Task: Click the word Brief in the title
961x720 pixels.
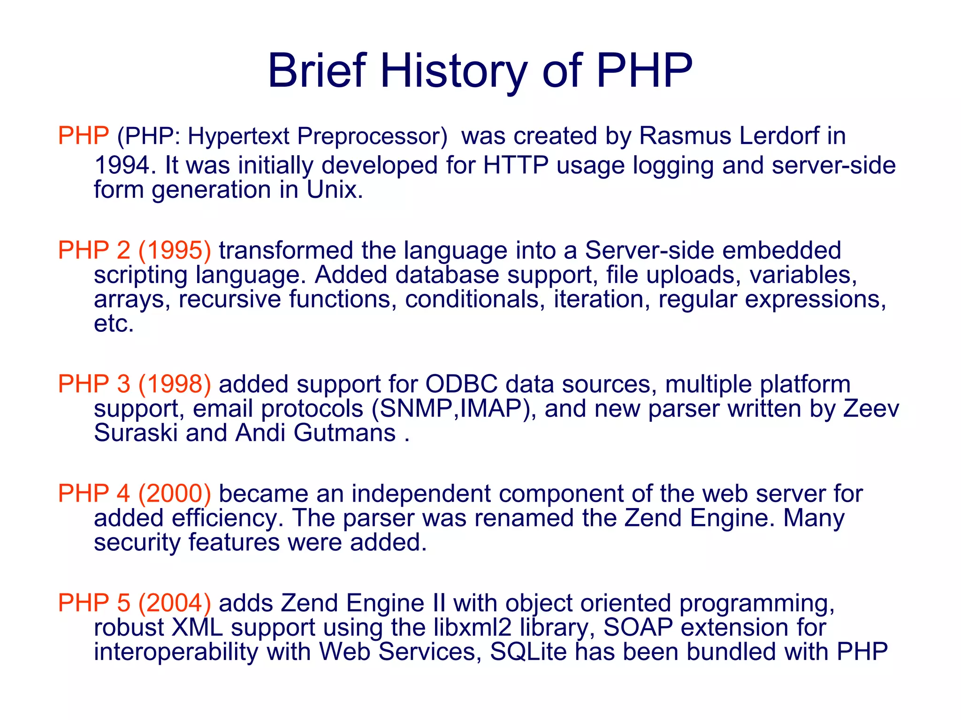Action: tap(317, 71)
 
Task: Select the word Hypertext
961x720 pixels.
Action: tap(238, 136)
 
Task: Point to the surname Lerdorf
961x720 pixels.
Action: tap(779, 136)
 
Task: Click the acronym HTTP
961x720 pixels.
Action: tap(516, 165)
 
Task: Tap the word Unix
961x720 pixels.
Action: tap(335, 190)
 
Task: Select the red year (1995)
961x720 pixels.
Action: tap(175, 250)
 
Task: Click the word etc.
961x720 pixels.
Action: tap(114, 323)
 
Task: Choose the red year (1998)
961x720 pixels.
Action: tap(175, 384)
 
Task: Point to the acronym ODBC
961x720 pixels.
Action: tap(461, 384)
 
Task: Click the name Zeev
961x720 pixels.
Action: tap(871, 409)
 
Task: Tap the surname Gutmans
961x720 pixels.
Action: tap(344, 433)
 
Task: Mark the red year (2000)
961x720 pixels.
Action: tap(175, 494)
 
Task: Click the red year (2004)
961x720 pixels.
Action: tap(175, 603)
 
